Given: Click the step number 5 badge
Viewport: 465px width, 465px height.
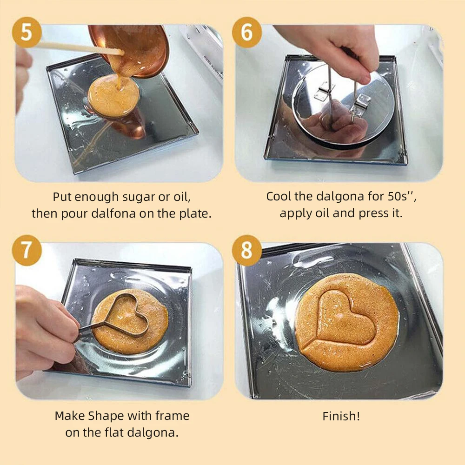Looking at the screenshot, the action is [27, 32].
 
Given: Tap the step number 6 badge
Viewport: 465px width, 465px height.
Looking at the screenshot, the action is [247, 32].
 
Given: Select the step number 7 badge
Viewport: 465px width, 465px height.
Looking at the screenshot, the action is [27, 250].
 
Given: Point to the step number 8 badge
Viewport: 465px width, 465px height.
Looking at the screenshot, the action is [247, 250].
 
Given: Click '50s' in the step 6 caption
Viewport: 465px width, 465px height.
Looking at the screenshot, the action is [398, 196].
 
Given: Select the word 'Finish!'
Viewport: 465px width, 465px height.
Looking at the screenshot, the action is [341, 416].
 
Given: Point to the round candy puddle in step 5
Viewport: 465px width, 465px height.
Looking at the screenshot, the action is [113, 95].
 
